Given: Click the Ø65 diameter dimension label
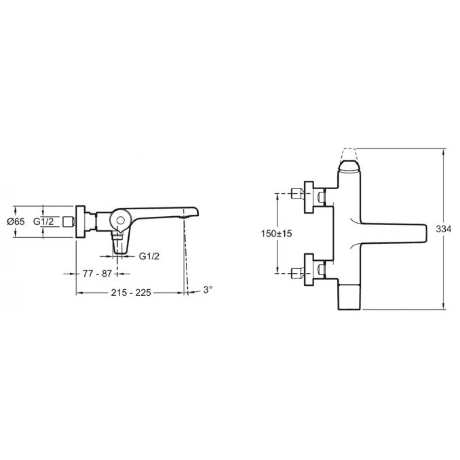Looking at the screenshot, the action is point(16,222).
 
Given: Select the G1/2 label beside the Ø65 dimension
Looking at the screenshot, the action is point(43,222).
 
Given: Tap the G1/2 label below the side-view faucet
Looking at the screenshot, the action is point(149,256).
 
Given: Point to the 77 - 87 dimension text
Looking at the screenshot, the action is point(98,274).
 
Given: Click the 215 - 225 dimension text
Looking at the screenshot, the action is point(131,293).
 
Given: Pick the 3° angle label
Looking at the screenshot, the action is point(208,289).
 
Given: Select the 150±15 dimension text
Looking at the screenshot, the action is point(276,234).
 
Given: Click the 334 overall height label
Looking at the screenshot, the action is point(443,229).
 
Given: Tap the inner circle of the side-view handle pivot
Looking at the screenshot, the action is point(120,220).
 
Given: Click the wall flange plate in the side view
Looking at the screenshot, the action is point(80,222).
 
